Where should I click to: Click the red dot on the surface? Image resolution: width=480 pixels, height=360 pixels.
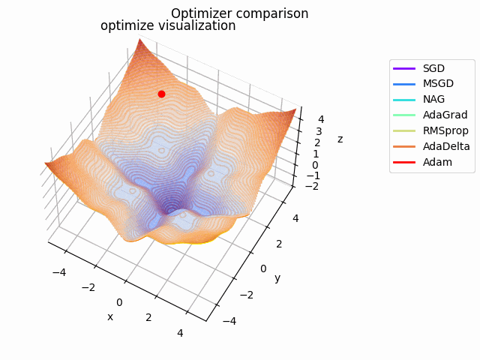point(161,94)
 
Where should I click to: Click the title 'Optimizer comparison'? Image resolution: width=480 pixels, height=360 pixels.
point(239,13)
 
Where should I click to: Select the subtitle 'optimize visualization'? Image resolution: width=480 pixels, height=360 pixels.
point(168,26)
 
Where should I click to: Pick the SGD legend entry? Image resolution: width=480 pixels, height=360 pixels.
point(433,68)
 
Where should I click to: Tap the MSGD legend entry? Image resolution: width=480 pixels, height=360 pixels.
point(438,84)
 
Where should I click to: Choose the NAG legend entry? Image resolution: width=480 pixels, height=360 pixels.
point(433,100)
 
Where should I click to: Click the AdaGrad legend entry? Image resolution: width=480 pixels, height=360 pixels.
point(445,115)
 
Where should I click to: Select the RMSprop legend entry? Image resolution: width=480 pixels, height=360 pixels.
point(445,130)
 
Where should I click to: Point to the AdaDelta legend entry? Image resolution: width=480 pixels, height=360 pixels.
point(446,146)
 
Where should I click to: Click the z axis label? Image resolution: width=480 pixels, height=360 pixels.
point(340,139)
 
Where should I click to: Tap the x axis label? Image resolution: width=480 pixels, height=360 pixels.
point(110,316)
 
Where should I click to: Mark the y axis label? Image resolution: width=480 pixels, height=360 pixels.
point(277,278)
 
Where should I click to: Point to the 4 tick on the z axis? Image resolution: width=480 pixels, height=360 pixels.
point(321,118)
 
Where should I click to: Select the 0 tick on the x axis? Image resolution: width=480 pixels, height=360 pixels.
point(119,301)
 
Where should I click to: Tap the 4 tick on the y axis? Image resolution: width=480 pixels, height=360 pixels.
point(295,218)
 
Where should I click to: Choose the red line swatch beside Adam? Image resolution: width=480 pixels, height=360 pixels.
point(405,162)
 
